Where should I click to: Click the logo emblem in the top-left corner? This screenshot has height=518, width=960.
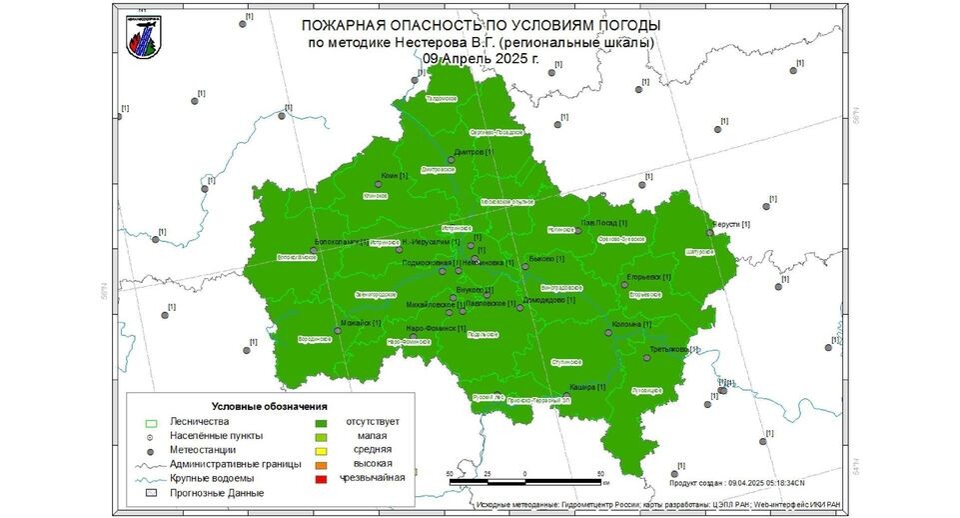click(x=142, y=38)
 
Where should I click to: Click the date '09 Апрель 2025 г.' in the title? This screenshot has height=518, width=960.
click(x=480, y=59)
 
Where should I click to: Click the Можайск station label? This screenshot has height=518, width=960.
click(x=358, y=322)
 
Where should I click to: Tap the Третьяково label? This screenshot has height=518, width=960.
click(x=668, y=349)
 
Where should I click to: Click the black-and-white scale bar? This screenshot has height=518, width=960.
click(x=525, y=482)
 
